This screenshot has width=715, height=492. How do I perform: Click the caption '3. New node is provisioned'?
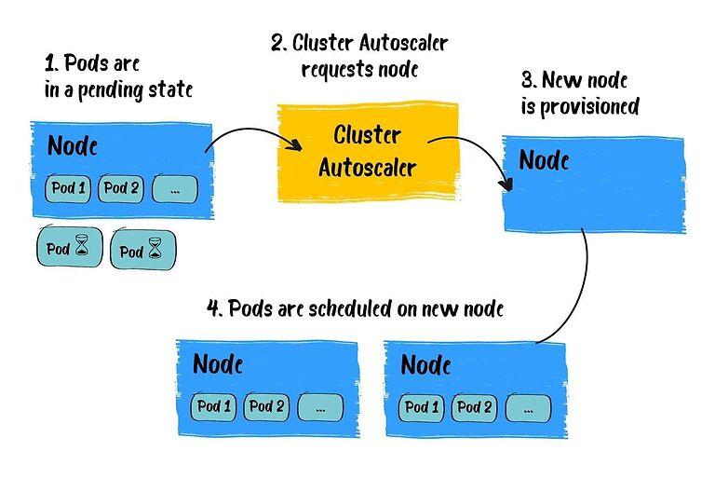pyautogui.click(x=579, y=94)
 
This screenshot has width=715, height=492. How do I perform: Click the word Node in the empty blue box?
pyautogui.click(x=544, y=159)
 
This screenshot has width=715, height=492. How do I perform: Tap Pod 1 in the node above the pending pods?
pyautogui.click(x=68, y=189)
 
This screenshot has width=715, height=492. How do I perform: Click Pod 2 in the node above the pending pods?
pyautogui.click(x=121, y=189)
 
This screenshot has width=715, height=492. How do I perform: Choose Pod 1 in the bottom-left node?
pyautogui.click(x=214, y=406)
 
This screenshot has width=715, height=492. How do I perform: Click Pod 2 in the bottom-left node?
pyautogui.click(x=267, y=406)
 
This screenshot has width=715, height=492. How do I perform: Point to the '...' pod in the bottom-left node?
pyautogui.click(x=320, y=407)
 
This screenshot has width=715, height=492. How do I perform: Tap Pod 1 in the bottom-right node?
pyautogui.click(x=423, y=407)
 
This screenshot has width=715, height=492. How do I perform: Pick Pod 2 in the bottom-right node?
pyautogui.click(x=476, y=407)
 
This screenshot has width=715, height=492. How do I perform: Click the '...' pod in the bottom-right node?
pyautogui.click(x=529, y=408)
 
